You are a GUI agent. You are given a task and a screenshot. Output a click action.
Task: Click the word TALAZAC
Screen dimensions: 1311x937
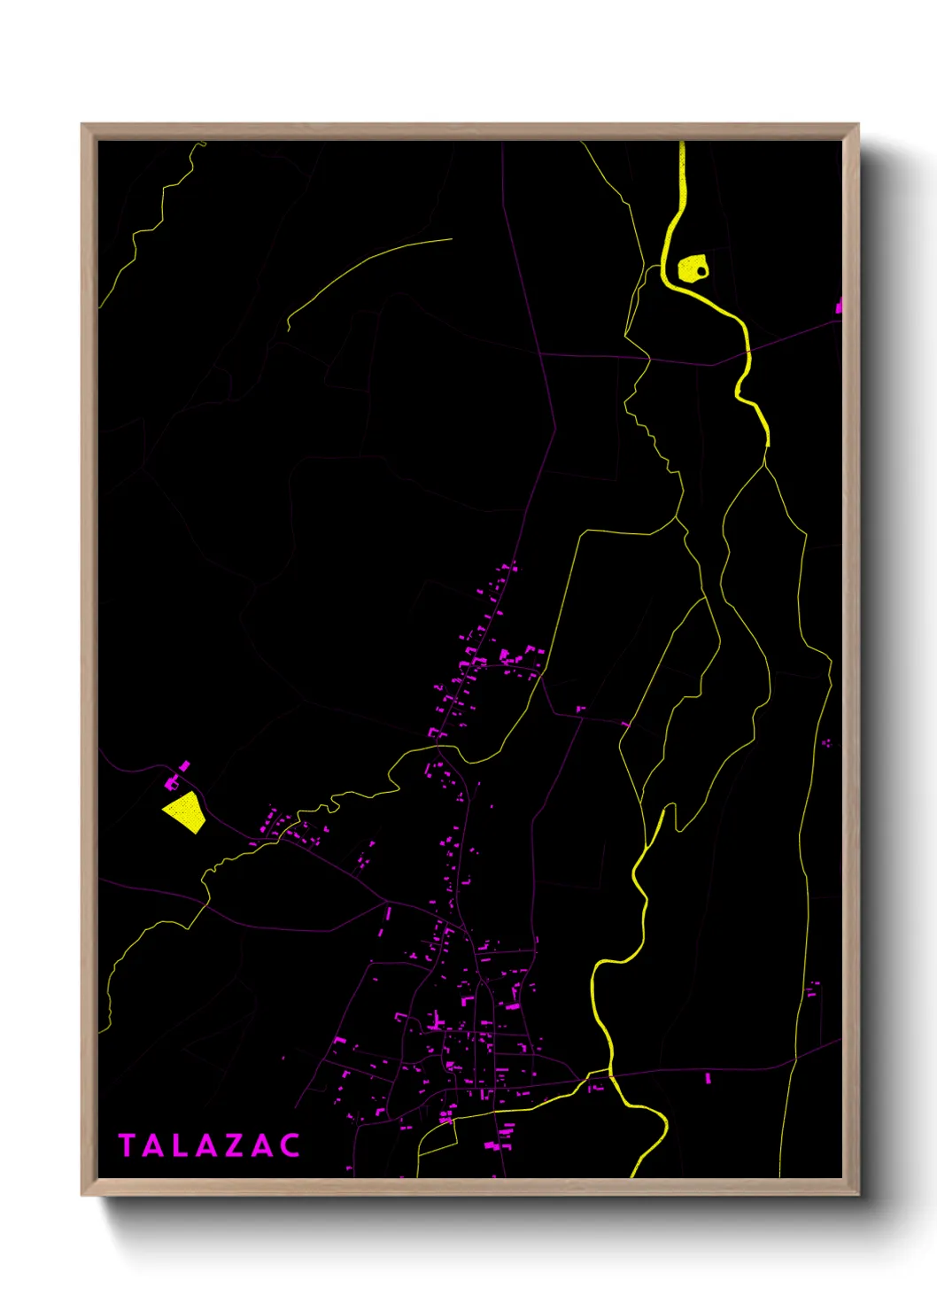[x=210, y=1145]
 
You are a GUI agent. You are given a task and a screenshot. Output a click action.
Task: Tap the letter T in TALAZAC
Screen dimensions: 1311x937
[x=127, y=1145]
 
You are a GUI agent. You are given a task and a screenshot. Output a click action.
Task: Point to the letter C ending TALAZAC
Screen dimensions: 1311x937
[x=290, y=1145]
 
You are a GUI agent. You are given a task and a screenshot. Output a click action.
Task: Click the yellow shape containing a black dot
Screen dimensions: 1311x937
[x=690, y=268]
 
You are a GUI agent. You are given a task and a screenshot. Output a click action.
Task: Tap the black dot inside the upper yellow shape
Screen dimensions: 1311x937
[x=701, y=270]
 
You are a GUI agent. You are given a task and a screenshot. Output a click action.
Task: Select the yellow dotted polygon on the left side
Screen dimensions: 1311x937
[x=185, y=811]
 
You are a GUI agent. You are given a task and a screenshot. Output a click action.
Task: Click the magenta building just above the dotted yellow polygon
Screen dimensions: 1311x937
[x=172, y=783]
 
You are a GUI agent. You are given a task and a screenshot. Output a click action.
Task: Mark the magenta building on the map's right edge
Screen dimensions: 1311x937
[x=838, y=306]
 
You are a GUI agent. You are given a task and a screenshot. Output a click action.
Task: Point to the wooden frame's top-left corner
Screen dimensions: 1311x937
[x=82, y=125]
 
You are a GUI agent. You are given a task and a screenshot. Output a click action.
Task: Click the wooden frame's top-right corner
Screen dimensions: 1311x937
[x=857, y=125]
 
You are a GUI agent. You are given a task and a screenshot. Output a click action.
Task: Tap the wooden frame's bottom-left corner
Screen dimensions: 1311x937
[x=82, y=1194]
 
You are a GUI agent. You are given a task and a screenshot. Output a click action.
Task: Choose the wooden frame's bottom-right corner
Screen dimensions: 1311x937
[x=857, y=1194]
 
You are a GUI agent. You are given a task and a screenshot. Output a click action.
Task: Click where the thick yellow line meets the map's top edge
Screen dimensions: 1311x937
[x=682, y=143]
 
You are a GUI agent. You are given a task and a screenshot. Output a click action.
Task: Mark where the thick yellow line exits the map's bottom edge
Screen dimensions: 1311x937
[x=633, y=1176]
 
